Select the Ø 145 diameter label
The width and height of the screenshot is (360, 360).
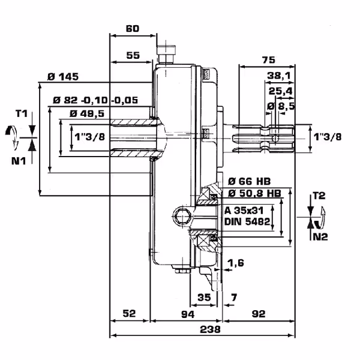coord(63,77)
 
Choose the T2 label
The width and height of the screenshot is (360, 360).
coord(319,196)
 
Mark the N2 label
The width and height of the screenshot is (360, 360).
coord(319,237)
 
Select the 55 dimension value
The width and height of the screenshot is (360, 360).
coord(133,55)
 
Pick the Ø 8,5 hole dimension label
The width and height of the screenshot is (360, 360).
coord(280,106)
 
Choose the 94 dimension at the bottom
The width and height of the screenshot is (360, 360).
coord(188,314)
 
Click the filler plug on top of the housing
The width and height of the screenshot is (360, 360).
coord(165,52)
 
